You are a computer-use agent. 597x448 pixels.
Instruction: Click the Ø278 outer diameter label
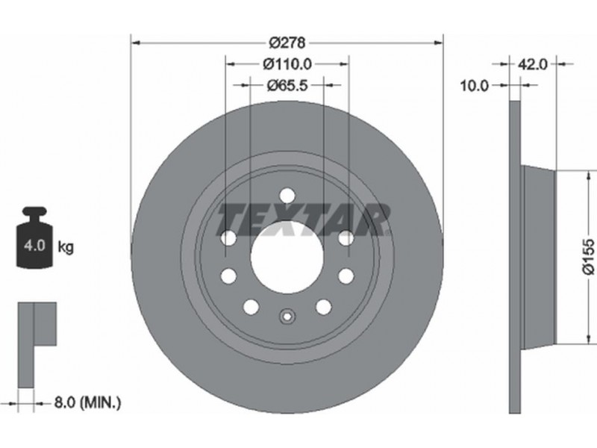tap(287, 43)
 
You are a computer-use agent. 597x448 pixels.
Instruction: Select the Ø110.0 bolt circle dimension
tap(287, 64)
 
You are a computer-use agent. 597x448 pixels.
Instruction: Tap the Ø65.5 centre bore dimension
tap(287, 85)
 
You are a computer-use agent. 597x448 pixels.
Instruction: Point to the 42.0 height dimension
tap(533, 64)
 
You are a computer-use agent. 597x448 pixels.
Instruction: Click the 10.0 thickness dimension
tap(474, 86)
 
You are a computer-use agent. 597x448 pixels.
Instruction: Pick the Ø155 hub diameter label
tap(589, 256)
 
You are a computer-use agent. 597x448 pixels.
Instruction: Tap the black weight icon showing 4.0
tap(34, 237)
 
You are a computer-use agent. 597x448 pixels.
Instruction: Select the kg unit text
tap(66, 248)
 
